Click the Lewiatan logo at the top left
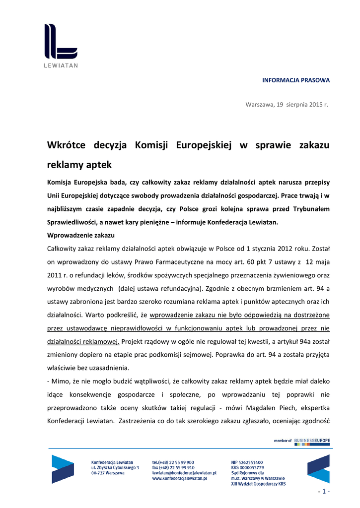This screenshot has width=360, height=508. point(61,45)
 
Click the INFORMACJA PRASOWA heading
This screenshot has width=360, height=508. point(295,80)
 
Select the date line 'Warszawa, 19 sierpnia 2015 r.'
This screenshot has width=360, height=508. point(288,104)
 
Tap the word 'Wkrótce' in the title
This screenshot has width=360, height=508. point(66,145)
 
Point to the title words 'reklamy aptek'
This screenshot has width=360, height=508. point(79,164)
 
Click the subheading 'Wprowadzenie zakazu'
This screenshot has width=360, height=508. point(81,235)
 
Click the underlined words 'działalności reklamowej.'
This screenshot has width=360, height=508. point(83,341)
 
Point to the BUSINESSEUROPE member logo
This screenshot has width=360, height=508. point(312,441)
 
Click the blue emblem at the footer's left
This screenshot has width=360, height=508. point(63,469)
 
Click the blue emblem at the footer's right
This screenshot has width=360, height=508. point(318,469)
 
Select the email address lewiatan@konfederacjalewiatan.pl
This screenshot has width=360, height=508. point(184,473)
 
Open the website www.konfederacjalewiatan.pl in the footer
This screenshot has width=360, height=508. point(180,479)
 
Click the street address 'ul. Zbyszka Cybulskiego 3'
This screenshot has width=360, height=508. point(115,468)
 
